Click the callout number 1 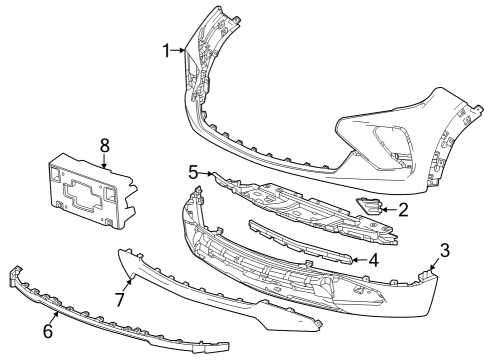click(x=167, y=49)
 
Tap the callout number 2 click(x=402, y=210)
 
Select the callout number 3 click(x=445, y=249)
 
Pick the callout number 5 click(x=195, y=171)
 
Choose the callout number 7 click(x=118, y=299)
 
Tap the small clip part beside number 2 click(x=367, y=207)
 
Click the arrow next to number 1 click(x=180, y=49)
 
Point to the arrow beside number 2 click(x=388, y=210)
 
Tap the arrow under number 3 click(x=435, y=264)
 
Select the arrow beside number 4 click(x=358, y=259)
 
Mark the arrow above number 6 click(x=57, y=315)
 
